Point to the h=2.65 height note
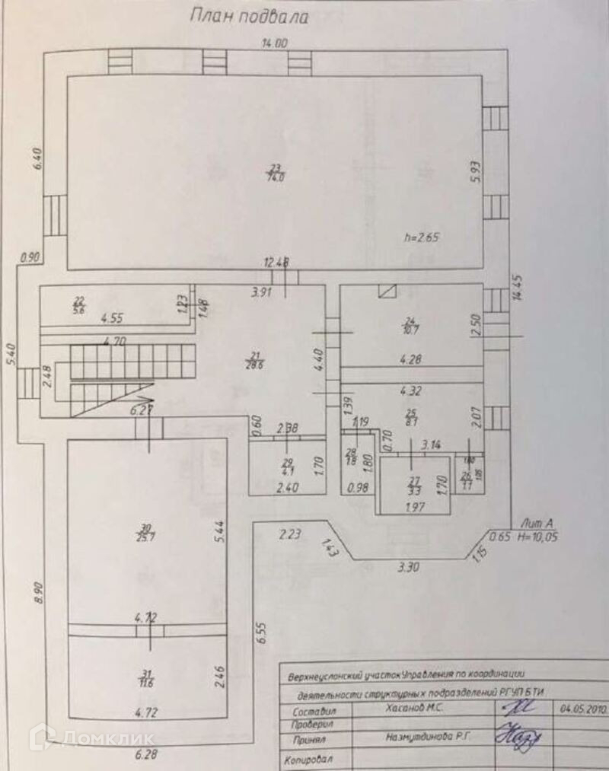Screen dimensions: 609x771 [422, 237]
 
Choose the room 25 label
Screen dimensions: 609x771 [411, 416]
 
